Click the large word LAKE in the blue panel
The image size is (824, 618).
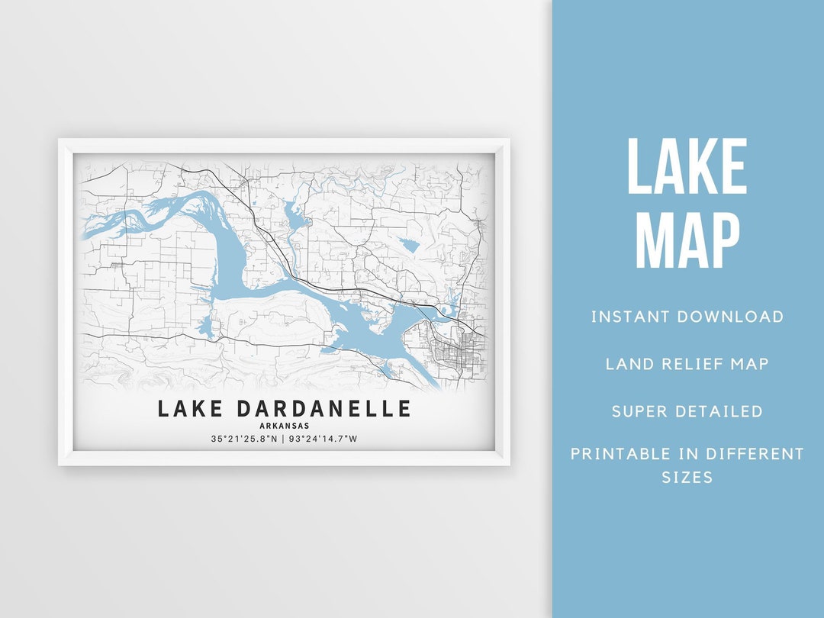point(687,166)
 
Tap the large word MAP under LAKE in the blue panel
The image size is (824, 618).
point(687,240)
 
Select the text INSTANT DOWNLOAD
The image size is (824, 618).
point(687,317)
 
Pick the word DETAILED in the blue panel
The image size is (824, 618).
point(719,411)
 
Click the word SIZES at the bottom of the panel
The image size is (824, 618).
point(687,478)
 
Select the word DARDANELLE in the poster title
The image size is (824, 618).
point(323,409)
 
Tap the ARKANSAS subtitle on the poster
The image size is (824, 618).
point(285,426)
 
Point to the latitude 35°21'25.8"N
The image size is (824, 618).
point(244,439)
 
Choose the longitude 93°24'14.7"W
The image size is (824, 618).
point(323,439)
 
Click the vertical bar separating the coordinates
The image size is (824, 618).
point(283,439)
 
